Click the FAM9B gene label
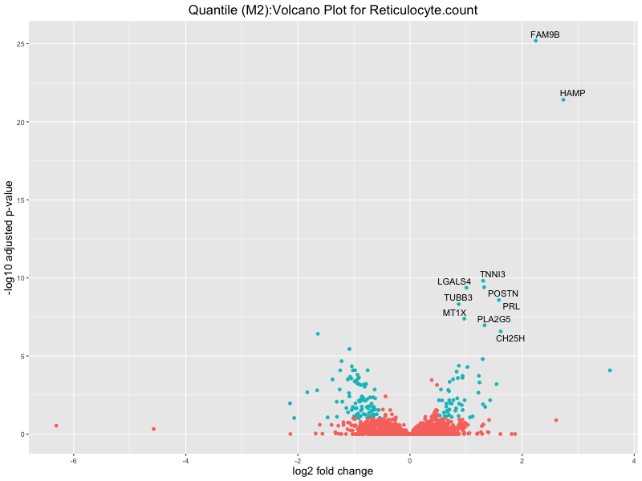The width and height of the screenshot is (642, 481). coord(545,35)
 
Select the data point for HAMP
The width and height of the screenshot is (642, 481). coord(563,99)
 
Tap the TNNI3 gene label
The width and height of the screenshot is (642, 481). coord(493,275)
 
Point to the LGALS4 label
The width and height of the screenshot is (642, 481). coord(454,282)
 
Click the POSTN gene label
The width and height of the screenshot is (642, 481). coord(503,294)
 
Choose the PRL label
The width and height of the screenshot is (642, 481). coord(511,307)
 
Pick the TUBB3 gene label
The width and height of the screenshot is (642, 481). coord(458,298)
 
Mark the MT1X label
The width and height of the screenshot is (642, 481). coord(454,313)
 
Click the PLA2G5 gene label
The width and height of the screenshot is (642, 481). coord(494,320)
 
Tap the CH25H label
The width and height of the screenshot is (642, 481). coord(510,339)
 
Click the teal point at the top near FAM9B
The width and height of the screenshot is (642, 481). coord(535,40)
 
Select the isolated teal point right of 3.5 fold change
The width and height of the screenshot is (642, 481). coord(610,370)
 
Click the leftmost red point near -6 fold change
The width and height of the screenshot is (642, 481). coord(56,426)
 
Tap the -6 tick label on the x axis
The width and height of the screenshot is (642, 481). coord(73,459)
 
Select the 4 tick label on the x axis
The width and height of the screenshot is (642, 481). coord(634,459)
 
